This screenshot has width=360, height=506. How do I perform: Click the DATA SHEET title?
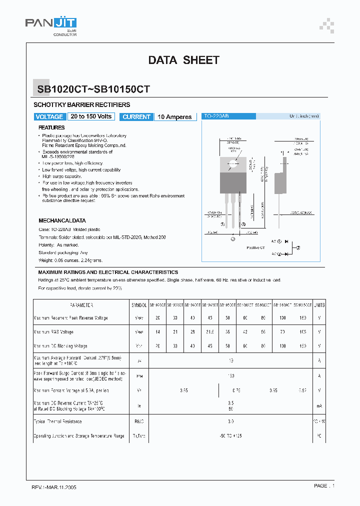point(183,60)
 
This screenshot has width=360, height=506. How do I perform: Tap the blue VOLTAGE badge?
point(49,116)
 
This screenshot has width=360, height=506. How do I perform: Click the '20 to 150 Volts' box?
point(91,116)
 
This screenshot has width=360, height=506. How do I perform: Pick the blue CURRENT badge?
point(136,116)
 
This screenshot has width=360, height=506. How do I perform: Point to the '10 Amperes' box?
point(174,116)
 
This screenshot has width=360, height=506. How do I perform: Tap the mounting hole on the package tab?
point(233,162)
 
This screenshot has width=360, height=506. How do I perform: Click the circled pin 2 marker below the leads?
point(233,239)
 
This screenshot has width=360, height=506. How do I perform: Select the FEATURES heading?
point(51,127)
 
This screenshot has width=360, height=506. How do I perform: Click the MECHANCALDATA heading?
point(62,220)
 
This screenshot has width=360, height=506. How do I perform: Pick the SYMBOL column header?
point(139,304)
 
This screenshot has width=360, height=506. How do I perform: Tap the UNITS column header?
point(319,304)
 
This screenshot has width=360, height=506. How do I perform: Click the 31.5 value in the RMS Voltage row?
point(209,332)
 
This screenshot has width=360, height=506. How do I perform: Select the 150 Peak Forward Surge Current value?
point(231,375)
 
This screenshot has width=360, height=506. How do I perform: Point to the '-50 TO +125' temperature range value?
point(231,436)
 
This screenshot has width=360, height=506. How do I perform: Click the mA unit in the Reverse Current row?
point(319,406)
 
